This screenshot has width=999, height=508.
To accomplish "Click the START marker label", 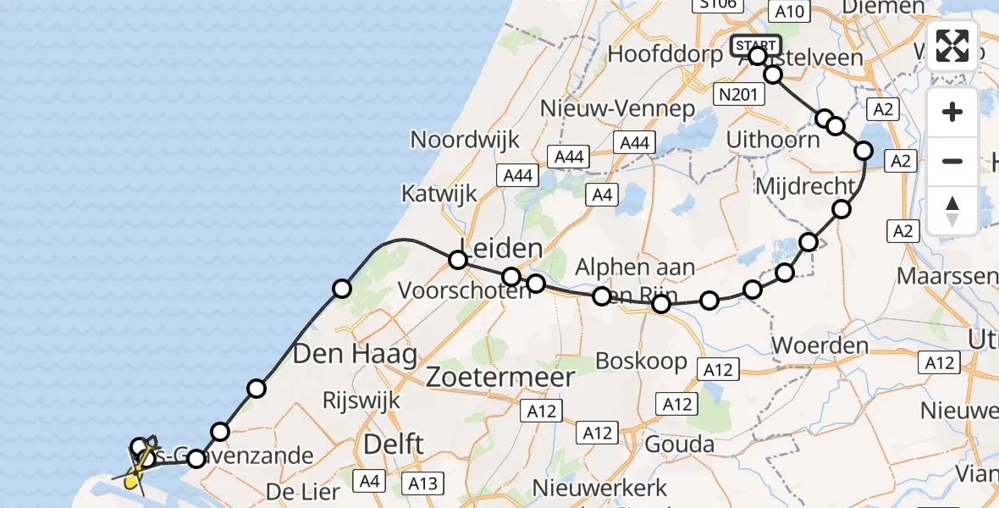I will (x=755, y=45).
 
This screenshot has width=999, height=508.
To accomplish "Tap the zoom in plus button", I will (x=952, y=112).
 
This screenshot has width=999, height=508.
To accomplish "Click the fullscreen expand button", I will (x=952, y=46).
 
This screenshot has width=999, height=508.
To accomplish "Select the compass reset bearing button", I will (x=952, y=210).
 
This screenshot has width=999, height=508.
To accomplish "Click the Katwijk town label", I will (x=439, y=194).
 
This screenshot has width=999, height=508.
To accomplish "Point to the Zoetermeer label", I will (x=500, y=377).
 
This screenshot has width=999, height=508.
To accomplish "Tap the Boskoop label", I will (x=641, y=361).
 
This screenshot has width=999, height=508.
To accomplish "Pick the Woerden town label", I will (x=820, y=345).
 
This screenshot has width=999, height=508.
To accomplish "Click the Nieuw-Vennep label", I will (x=618, y=109).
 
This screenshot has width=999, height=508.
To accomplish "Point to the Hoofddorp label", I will (x=666, y=54).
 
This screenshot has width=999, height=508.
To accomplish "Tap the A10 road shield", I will (x=789, y=11).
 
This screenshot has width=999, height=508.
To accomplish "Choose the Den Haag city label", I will (x=355, y=354).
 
